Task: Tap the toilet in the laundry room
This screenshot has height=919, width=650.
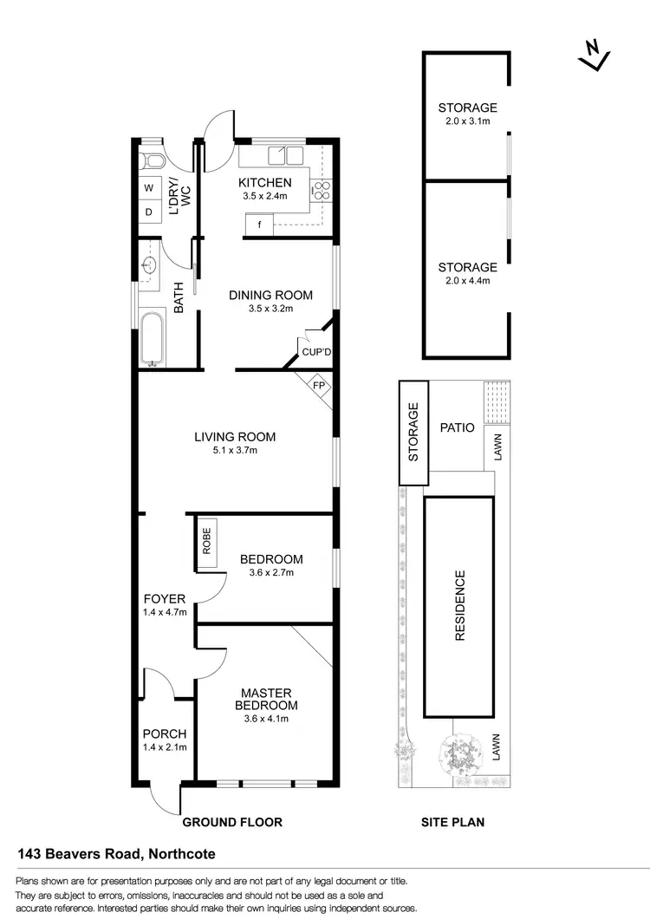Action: [152, 160]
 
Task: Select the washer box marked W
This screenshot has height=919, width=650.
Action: [147, 187]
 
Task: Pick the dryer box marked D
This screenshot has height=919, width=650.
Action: [147, 211]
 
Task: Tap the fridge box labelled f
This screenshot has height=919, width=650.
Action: [258, 225]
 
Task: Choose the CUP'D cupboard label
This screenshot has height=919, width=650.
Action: [316, 352]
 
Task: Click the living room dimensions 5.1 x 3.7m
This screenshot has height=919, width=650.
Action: [234, 450]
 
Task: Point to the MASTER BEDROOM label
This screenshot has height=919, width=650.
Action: [264, 699]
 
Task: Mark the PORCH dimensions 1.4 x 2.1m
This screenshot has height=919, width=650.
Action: [165, 747]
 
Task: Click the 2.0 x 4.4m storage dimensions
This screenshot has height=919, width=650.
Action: [467, 281]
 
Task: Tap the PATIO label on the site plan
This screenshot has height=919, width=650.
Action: [457, 427]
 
